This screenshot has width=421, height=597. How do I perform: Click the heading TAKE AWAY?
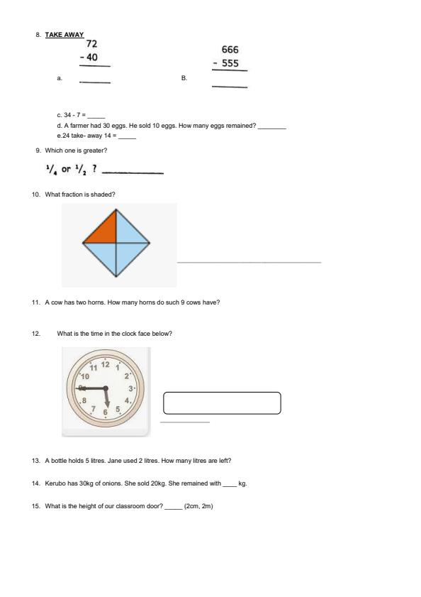pos(64,35)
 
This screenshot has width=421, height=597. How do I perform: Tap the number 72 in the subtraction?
pos(91,44)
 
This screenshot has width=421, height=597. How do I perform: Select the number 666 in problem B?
pos(230,50)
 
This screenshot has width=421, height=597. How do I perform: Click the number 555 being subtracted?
pos(230,63)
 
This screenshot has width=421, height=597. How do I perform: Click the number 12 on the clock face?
pos(106,364)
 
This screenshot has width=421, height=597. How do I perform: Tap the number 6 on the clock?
pos(106,412)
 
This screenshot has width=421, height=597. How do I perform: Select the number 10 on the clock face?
pos(84,376)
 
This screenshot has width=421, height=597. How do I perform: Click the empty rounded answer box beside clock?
pos(222,402)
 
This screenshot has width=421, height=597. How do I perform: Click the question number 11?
pos(35,302)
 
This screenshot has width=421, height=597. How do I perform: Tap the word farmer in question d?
pos(78,126)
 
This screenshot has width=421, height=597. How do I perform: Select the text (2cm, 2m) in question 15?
pos(198,506)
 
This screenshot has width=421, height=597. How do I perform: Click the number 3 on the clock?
pos(130,388)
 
